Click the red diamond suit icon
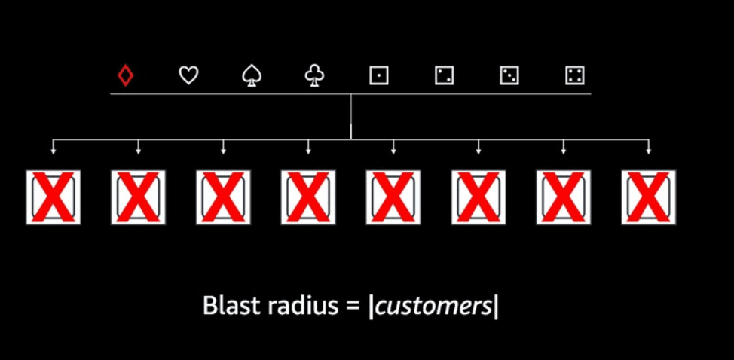click(126, 75)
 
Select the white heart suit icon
click(188, 75)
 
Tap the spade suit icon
click(251, 75)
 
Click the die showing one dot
click(378, 75)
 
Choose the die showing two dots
click(444, 75)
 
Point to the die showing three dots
click(509, 75)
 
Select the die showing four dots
click(575, 75)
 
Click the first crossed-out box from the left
click(53, 197)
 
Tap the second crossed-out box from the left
click(138, 197)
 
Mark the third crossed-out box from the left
click(223, 197)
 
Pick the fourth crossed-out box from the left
click(308, 197)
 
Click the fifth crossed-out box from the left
click(393, 197)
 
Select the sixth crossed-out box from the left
click(479, 197)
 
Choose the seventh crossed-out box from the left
click(564, 197)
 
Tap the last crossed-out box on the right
click(649, 197)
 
